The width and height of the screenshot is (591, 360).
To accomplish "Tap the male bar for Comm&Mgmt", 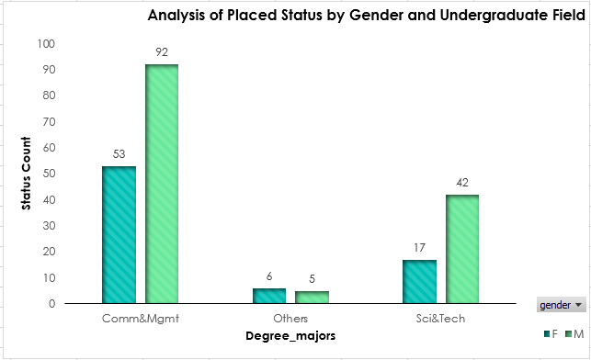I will point(162,184).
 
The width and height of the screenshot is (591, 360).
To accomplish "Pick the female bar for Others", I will point(269,295).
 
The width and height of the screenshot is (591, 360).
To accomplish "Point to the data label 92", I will point(162,52).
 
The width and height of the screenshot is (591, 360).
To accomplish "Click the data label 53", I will point(119,153).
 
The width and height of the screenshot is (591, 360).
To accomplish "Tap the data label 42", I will point(462,182).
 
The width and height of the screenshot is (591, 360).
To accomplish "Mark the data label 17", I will point(419,247).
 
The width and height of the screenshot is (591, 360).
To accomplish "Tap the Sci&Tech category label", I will point(440,318).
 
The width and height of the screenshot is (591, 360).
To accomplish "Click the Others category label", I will point(290,318).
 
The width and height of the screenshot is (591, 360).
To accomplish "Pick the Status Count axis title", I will point(27,174).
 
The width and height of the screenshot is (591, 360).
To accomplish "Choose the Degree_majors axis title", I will point(290,336).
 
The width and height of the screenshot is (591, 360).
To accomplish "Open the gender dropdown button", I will point(560,304).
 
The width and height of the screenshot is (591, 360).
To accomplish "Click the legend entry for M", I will point(575,332).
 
